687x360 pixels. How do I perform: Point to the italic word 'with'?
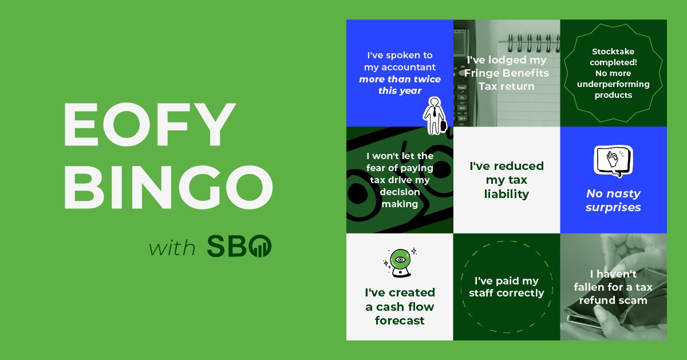pos(172,248)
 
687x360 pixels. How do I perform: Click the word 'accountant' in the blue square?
pos(400,68)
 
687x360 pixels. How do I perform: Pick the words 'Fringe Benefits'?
pos(506,73)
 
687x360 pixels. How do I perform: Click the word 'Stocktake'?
pos(613,52)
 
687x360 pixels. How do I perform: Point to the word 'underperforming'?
pos(613,84)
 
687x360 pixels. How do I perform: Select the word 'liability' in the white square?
pos(506,194)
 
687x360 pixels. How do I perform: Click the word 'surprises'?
pos(613,207)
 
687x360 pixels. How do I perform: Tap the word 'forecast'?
pos(400,321)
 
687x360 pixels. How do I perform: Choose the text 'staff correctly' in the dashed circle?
pos(506,293)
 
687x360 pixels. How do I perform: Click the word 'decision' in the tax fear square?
pos(400,192)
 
